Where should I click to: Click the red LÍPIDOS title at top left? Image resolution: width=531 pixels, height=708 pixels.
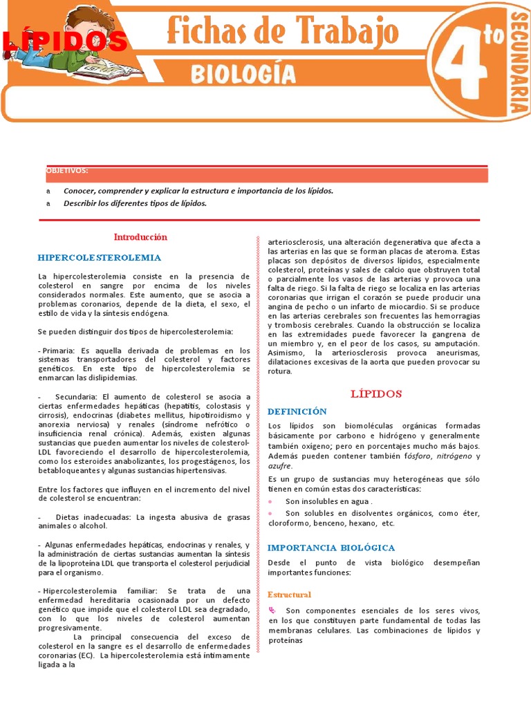[x=66, y=42]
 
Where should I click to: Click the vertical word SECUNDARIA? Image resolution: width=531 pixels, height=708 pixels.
[x=519, y=59]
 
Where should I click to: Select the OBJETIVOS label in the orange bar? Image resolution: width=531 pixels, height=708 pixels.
[x=67, y=170]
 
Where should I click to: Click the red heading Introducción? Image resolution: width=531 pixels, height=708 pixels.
[x=140, y=237]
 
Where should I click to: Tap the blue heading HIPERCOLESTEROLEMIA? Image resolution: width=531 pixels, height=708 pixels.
[x=100, y=257]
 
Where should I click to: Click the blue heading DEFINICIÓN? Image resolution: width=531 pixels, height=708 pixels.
[x=297, y=411]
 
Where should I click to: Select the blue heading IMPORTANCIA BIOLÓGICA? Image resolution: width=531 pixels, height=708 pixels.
[x=331, y=548]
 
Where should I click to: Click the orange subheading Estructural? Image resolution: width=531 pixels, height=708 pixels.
[x=290, y=595]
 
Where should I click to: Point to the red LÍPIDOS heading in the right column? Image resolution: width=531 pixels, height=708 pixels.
[x=376, y=393]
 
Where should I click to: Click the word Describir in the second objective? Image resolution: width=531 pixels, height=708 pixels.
[x=82, y=203]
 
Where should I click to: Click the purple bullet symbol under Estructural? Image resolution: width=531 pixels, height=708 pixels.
[x=272, y=610]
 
